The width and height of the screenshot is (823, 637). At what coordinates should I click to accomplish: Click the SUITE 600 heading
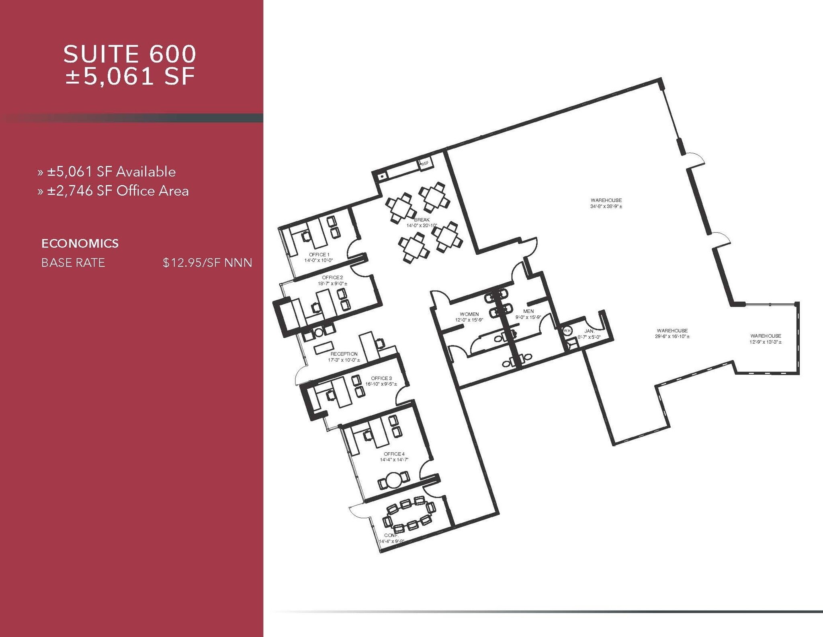point(129,54)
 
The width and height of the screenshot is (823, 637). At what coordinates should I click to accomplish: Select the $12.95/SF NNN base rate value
point(207,263)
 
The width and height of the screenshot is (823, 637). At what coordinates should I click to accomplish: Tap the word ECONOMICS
point(80,243)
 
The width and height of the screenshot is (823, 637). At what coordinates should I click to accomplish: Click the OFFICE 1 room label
point(319,255)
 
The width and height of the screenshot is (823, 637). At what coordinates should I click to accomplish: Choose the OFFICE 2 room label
point(332,278)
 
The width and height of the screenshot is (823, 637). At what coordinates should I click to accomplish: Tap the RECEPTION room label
point(344,354)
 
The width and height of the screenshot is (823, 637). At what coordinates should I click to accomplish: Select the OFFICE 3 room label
point(381,378)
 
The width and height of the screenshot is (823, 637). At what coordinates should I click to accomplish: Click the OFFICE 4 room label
point(394,454)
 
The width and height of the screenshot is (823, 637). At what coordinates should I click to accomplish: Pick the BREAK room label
point(422,220)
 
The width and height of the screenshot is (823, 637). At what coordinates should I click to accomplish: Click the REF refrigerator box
point(425,163)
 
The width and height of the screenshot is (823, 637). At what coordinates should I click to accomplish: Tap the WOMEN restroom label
point(469,314)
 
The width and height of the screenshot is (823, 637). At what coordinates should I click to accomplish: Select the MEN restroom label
point(528,311)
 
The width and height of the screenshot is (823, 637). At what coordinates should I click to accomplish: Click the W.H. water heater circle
point(567,330)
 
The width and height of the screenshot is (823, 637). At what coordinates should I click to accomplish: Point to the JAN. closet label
point(589,331)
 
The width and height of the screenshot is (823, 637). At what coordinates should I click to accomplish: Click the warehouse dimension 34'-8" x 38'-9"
point(606,206)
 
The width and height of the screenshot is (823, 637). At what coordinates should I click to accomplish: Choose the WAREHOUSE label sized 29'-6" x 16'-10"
point(672,331)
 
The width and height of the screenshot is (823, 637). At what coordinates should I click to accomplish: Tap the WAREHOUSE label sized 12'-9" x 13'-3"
point(766,336)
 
